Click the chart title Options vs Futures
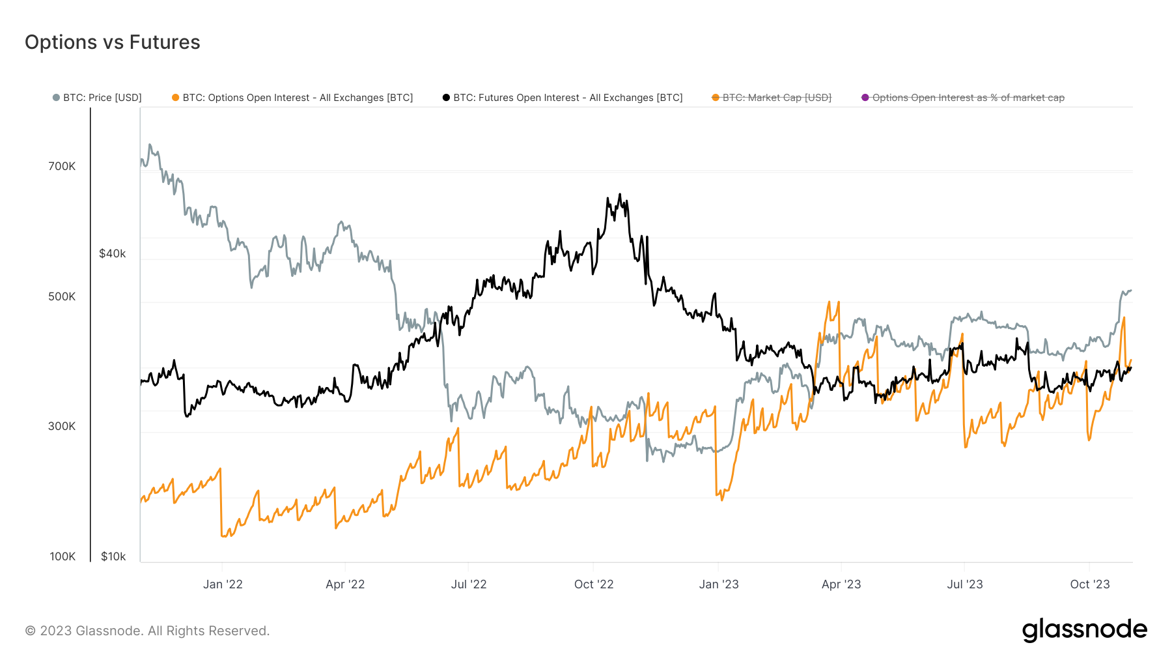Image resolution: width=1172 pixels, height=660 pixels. coord(112,42)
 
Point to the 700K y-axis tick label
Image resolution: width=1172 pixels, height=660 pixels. coord(62,166)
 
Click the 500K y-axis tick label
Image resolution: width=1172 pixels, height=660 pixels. coord(62,296)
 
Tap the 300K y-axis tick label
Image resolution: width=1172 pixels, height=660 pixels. coord(62,426)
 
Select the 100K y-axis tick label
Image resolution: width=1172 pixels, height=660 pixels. coord(63,556)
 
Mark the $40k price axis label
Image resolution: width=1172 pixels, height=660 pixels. coord(112,253)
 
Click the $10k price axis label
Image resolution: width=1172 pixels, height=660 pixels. coord(113,556)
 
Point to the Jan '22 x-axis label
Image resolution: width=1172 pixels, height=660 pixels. coord(223,584)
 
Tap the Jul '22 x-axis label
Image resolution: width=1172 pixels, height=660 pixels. coord(469,584)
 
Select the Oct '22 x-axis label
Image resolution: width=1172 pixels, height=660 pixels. coord(594,584)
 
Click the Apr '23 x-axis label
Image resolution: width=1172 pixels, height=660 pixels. coord(841,584)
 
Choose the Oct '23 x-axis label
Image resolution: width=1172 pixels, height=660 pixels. coord(1090,584)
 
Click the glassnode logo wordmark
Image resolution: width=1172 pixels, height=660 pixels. coord(1084,630)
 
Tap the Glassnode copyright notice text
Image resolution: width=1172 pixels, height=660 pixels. coord(147,631)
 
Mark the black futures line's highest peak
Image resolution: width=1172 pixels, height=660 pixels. coord(619,194)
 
